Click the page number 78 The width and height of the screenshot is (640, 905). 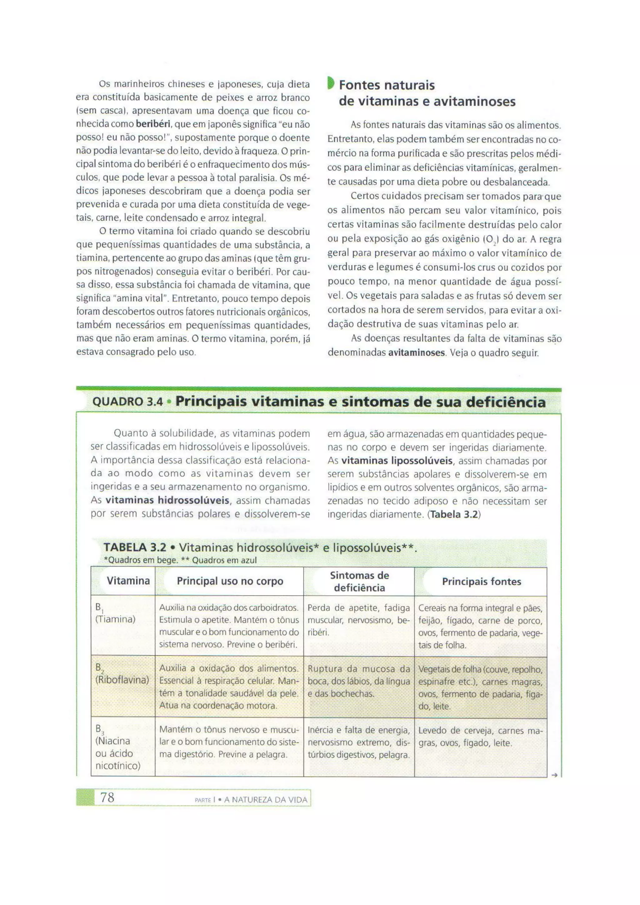click(107, 797)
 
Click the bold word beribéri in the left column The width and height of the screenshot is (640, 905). click(153, 124)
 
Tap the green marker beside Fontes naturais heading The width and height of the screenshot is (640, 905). click(331, 83)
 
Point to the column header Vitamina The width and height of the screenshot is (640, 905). click(128, 581)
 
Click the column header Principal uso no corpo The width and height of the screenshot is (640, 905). click(230, 581)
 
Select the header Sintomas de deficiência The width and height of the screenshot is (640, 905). click(359, 581)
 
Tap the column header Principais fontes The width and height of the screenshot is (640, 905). click(481, 581)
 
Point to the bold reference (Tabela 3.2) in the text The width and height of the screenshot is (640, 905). click(455, 514)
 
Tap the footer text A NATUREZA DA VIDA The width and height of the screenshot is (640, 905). click(266, 800)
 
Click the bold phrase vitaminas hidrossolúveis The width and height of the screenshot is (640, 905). click(167, 501)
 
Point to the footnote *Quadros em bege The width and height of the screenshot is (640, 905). click(141, 560)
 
